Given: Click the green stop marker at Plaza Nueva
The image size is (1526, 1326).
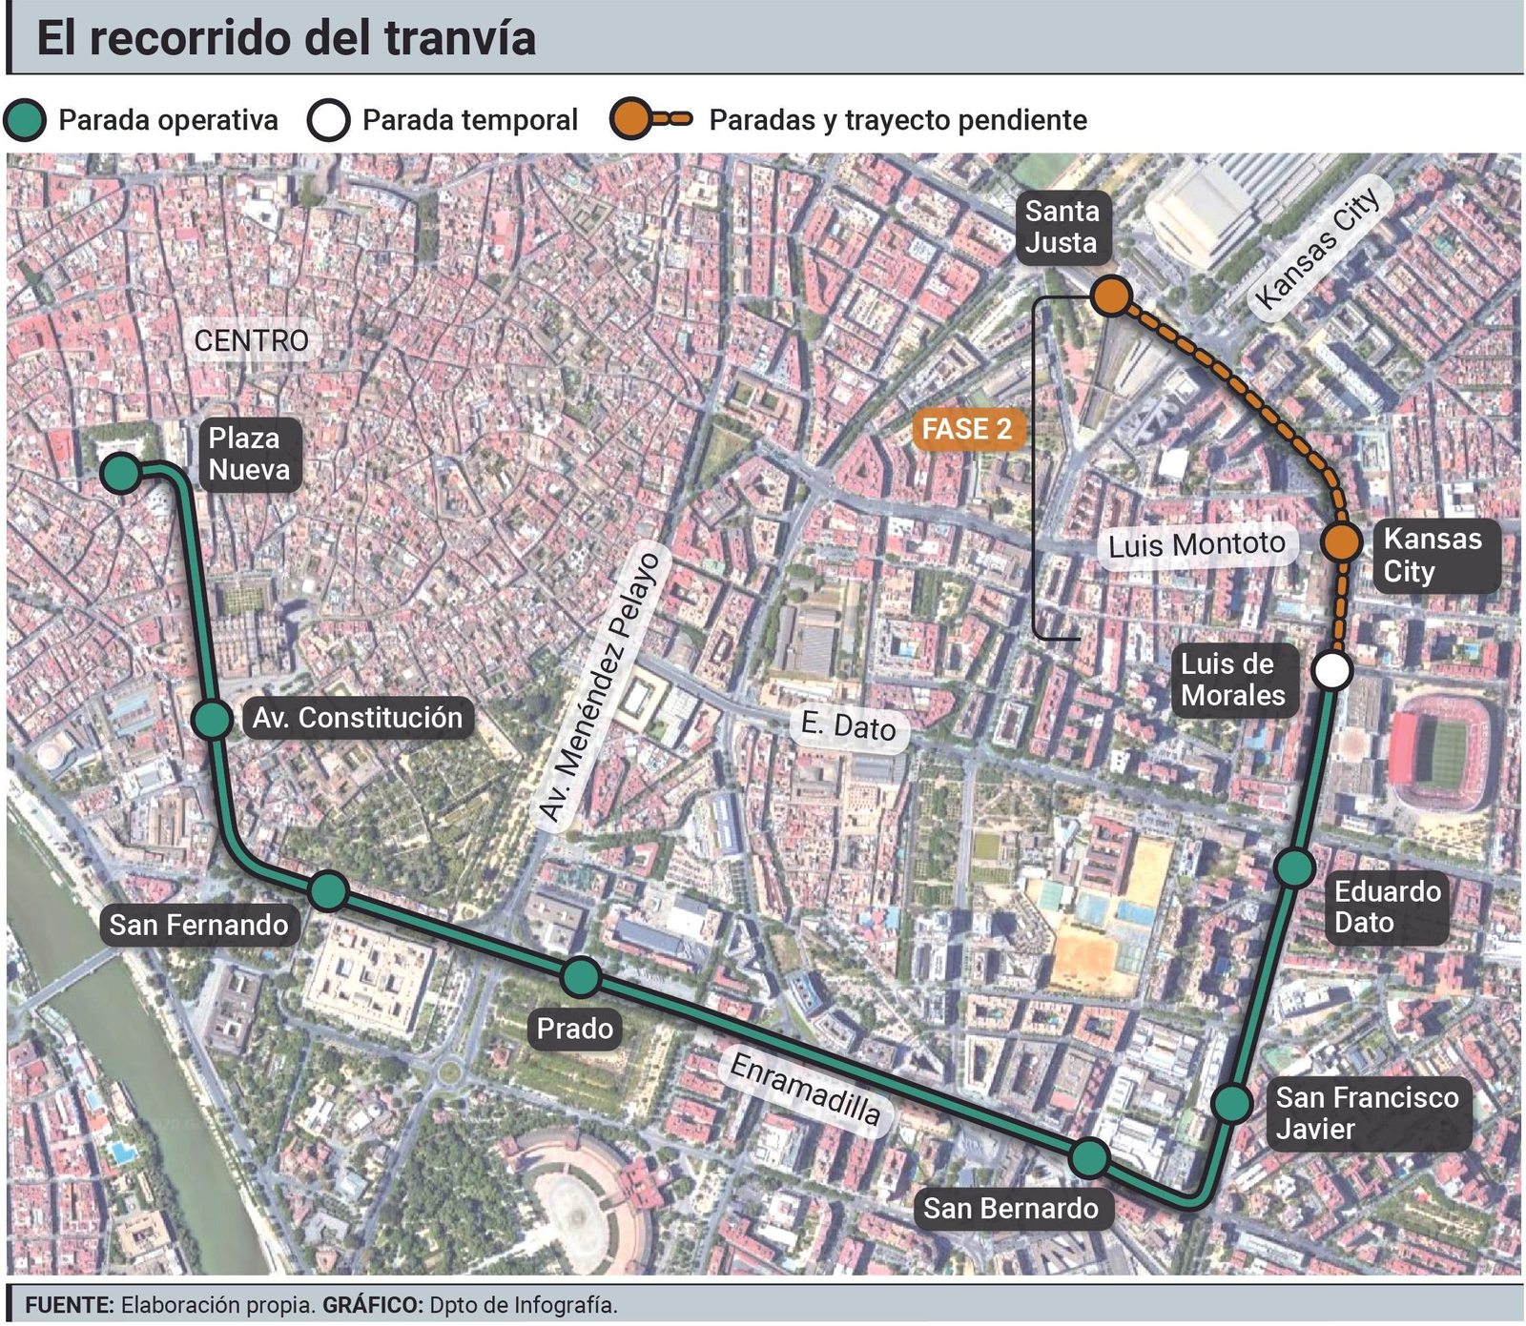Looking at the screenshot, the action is click(121, 473).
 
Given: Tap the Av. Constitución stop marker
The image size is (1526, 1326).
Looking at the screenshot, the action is click(212, 719).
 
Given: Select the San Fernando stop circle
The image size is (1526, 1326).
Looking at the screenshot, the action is click(329, 890).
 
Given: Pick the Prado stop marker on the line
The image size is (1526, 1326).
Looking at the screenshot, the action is click(581, 977).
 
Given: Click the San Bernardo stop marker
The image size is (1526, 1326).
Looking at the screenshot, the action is click(1089, 1157).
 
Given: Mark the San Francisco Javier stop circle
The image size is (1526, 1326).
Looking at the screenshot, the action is click(1231, 1103).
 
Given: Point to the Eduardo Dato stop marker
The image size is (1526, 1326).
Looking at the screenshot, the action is click(1294, 867).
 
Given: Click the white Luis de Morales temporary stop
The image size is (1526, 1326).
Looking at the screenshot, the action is click(1331, 670).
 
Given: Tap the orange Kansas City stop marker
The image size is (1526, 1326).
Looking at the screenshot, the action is click(1341, 541).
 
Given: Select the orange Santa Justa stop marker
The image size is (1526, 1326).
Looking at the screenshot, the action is click(1111, 296).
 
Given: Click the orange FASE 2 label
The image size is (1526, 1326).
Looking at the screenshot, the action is click(966, 430).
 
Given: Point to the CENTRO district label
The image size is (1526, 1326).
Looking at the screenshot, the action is click(251, 340).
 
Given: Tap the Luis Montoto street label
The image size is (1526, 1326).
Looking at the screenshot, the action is click(1197, 545).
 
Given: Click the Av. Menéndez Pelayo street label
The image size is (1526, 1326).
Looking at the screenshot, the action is click(599, 686).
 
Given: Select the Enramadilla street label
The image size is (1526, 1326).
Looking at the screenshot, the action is click(805, 1089).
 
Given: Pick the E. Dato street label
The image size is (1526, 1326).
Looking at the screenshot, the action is click(848, 726).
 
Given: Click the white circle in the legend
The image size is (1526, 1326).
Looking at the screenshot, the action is click(328, 120).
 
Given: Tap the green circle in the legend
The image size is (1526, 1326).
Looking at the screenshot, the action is click(25, 120).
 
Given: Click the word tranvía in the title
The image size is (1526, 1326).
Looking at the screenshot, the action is click(460, 38).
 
